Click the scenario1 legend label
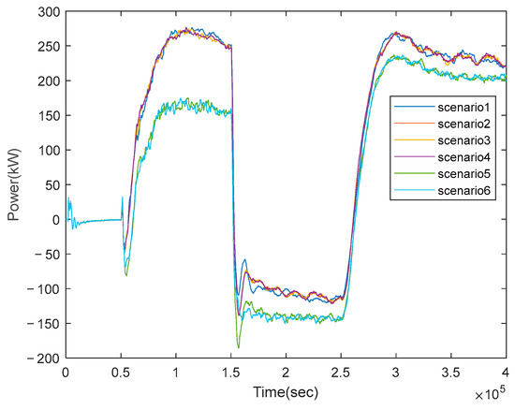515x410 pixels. [463, 107]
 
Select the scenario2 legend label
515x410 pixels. [463, 124]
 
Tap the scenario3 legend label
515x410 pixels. [463, 140]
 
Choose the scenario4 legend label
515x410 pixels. [463, 157]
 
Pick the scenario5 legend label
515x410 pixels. [463, 174]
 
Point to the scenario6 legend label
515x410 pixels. [463, 191]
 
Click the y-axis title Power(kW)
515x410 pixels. [14, 184]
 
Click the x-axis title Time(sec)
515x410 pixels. [286, 392]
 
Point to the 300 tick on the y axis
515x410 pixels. [50, 12]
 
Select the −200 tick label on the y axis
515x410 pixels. [44, 359]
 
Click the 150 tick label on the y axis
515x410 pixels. [50, 115]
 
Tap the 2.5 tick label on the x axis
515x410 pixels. [341, 373]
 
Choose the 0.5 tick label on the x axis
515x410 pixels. [121, 373]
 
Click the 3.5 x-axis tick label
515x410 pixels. [450, 373]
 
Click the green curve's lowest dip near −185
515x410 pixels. [239, 347]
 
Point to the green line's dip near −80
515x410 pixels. [126, 275]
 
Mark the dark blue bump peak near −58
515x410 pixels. [244, 259]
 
